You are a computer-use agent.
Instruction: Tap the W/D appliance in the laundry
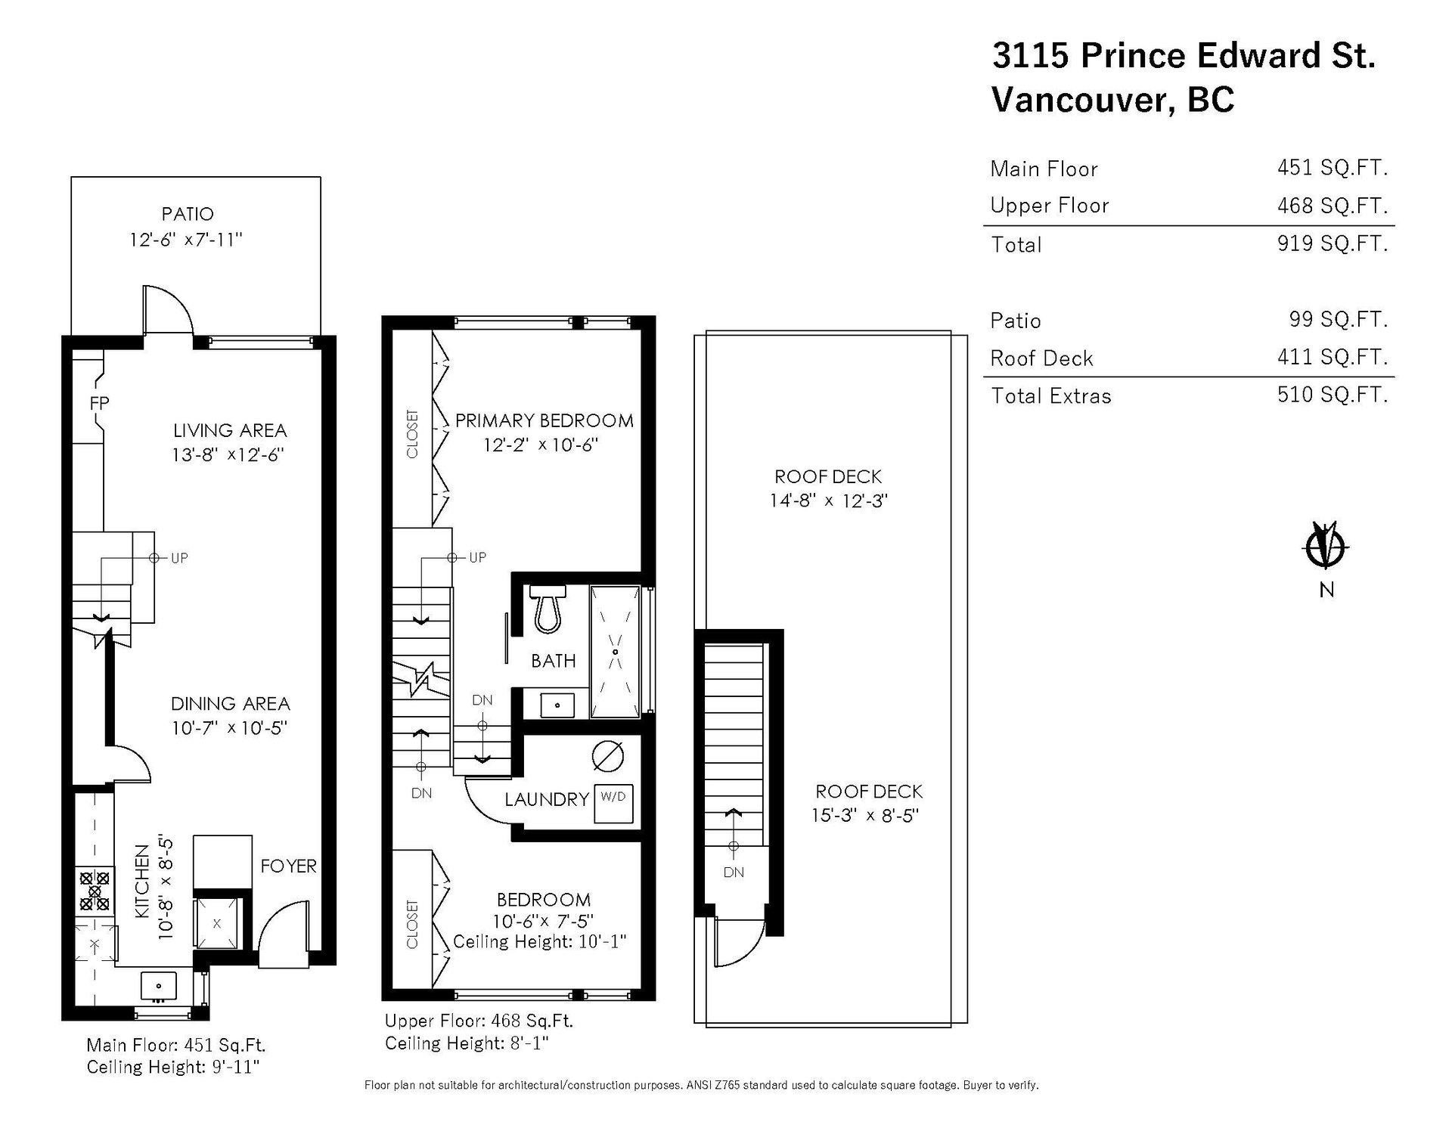(613, 804)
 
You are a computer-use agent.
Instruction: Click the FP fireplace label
(99, 404)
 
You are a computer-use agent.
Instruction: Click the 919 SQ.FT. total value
(1333, 243)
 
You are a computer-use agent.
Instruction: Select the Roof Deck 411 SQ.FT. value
(1333, 357)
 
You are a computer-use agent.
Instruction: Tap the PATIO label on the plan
(188, 214)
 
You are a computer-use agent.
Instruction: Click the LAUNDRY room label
(547, 799)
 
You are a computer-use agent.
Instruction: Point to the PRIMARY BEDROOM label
(544, 420)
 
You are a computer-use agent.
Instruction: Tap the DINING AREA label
(230, 704)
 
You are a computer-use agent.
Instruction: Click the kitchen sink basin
(158, 987)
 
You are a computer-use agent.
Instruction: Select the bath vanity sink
(558, 705)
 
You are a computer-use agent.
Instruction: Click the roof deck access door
(740, 942)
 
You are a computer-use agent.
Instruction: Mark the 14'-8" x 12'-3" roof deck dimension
(828, 501)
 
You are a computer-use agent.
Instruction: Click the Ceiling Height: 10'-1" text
(540, 942)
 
